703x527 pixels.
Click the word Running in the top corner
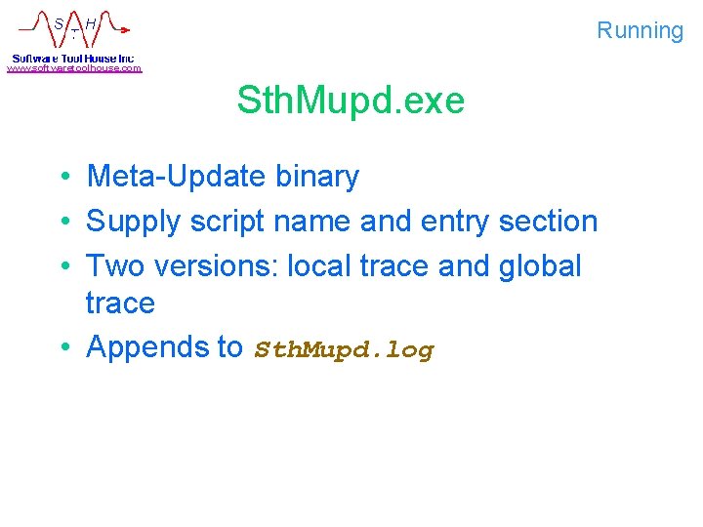(640, 30)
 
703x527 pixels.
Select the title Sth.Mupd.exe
(351, 101)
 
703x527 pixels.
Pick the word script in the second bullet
(230, 223)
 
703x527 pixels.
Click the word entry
(455, 222)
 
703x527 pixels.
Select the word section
(548, 222)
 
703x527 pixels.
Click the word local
(318, 265)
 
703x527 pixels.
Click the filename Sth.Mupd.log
(344, 349)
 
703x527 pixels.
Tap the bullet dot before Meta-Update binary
(62, 178)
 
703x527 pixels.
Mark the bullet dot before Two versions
(62, 266)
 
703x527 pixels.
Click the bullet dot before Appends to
(62, 347)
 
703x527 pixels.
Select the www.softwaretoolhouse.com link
(74, 68)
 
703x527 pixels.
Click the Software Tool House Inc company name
(73, 58)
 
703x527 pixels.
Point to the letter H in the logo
(90, 22)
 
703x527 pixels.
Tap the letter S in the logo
(59, 22)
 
